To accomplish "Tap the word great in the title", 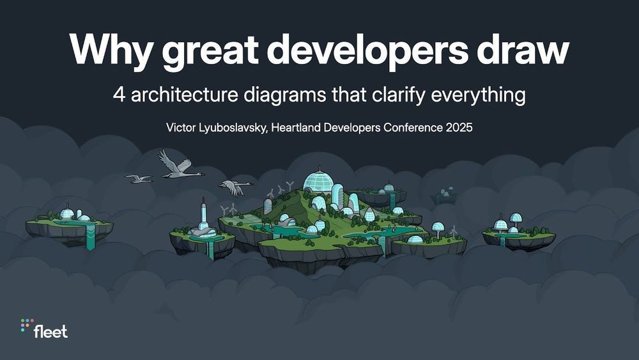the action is [210, 52].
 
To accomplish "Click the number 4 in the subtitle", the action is [119, 95].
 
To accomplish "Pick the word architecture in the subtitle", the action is [185, 95].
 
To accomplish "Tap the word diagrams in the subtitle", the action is [285, 96].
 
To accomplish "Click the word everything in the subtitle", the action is [478, 96].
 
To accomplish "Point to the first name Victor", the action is [181, 128].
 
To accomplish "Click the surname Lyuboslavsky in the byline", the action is [233, 129].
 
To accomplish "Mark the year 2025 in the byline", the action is [459, 128].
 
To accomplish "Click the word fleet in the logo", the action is [51, 331].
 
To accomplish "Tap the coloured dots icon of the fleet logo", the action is [26, 324].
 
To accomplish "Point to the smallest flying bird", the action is [139, 178].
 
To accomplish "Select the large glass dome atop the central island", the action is [319, 180].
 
